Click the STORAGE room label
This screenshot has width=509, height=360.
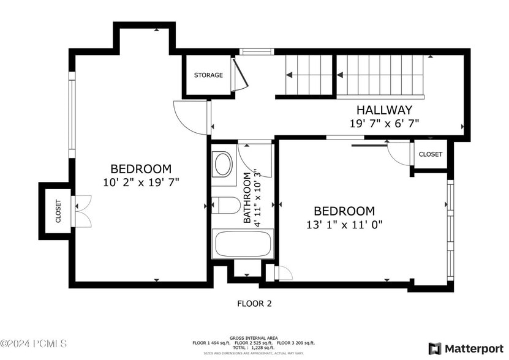pos(208,75)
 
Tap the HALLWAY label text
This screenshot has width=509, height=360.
pos(384,110)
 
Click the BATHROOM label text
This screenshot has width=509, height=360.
pos(247,197)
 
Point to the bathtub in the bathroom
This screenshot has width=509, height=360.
pos(243,244)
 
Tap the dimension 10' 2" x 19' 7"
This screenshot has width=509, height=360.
pos(141,182)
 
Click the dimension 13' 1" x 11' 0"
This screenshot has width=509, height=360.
pos(344,225)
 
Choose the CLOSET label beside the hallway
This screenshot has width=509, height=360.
pos(430,154)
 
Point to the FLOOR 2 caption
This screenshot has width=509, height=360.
pos(254,303)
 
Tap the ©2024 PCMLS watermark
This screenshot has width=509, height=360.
pos(34,344)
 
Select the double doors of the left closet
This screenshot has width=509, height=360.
pos(82,211)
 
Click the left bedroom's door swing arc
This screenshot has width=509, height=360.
pos(190,117)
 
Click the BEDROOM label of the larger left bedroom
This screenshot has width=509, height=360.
pos(141,168)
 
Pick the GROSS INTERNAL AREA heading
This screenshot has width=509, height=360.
pos(254,338)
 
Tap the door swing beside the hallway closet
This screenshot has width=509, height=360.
pos(399,153)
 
